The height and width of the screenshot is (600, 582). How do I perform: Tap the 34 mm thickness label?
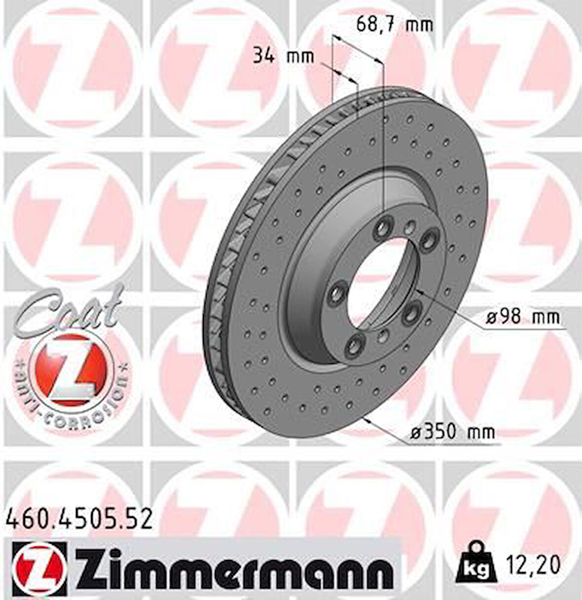coord(283,56)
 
